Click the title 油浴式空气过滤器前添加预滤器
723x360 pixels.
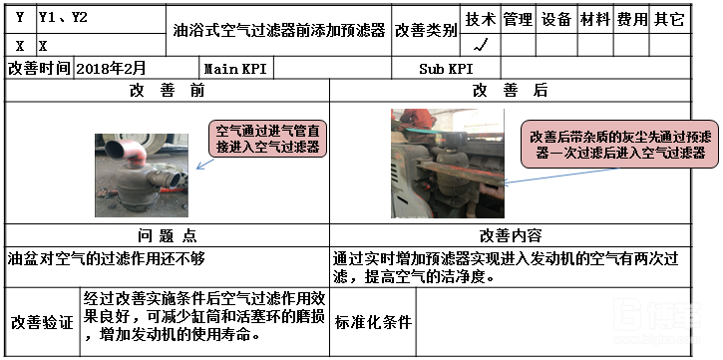[278, 30]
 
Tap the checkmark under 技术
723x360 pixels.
[481, 44]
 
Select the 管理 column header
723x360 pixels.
[518, 19]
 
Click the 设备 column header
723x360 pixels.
[555, 19]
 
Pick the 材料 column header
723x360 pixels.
[594, 19]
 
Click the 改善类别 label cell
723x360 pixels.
[426, 30]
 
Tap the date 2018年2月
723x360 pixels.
[111, 68]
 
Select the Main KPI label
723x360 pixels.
[234, 68]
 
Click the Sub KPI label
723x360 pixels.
[445, 68]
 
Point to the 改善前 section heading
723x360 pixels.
[168, 90]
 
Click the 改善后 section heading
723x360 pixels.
[510, 90]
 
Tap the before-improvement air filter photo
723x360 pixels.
[141, 176]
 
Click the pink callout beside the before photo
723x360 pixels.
[267, 140]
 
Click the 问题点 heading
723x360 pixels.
[167, 235]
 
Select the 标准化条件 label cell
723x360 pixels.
[373, 322]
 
